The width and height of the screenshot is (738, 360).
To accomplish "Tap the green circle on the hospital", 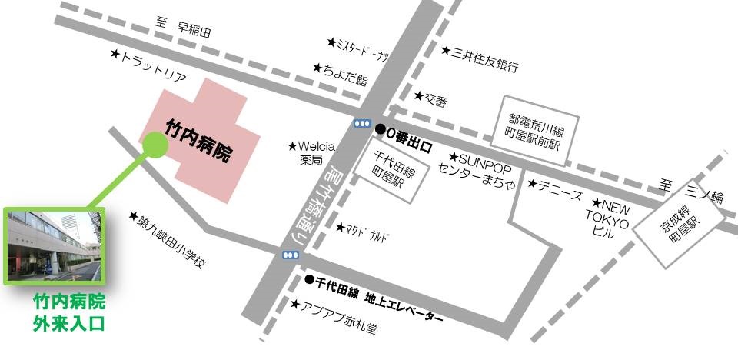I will [x=154, y=145].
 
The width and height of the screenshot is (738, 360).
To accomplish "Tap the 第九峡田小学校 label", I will [x=172, y=242].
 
